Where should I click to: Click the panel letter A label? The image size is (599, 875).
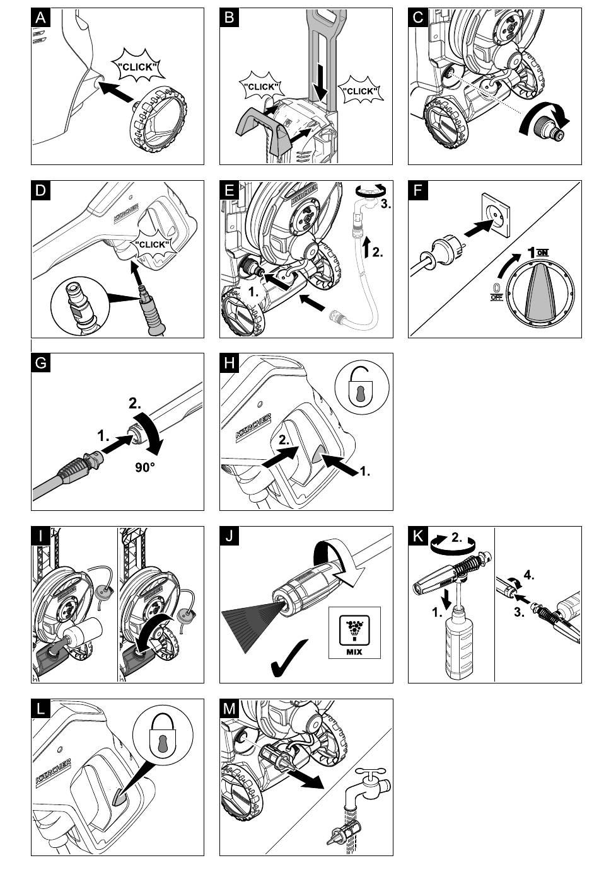[41, 18]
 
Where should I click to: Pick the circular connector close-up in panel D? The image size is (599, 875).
[79, 308]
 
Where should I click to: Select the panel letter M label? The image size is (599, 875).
[230, 709]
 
